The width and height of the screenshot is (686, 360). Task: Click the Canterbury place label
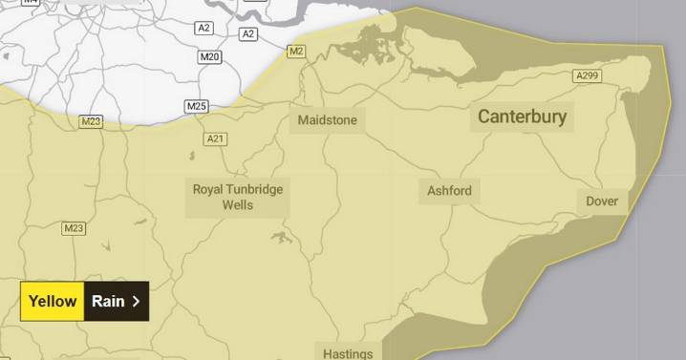(x=522, y=117)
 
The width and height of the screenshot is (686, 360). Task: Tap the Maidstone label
(x=327, y=121)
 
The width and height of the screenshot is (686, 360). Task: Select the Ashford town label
(x=449, y=191)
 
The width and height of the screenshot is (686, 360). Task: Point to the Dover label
(x=602, y=201)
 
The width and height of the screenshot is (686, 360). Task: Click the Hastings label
(x=348, y=353)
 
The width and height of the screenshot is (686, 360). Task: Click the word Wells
(x=238, y=204)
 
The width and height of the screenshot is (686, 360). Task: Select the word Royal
(x=208, y=189)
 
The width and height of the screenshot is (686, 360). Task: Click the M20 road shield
(x=210, y=57)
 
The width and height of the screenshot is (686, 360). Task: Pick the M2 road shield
(x=296, y=51)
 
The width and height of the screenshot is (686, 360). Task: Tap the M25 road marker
(x=197, y=105)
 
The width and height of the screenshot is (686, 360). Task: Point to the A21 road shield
(x=216, y=139)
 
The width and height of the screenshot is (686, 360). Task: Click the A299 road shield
(x=588, y=75)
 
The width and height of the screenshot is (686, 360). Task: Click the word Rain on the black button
(x=108, y=302)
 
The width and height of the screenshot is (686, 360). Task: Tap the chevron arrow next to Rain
(x=136, y=302)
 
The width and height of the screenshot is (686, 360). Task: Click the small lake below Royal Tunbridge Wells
(x=280, y=236)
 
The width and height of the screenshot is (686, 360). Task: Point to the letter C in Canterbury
(x=484, y=117)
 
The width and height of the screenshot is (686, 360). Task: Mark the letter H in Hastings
(x=328, y=353)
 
